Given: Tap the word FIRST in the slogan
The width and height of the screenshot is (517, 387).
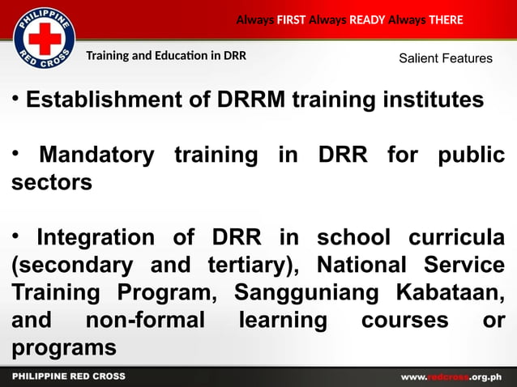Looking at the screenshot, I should [291, 19].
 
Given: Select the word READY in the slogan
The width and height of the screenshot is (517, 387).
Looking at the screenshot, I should [367, 19].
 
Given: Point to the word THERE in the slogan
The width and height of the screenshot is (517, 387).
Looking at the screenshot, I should [446, 19].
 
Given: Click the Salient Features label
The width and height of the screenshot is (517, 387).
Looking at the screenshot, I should [445, 58].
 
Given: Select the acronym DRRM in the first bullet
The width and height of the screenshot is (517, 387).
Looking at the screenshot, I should [250, 100].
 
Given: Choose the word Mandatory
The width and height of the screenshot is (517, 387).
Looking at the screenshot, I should [96, 155].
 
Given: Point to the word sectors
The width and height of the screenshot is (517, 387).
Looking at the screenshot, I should [52, 182].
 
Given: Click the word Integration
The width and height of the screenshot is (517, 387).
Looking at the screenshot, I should [96, 238].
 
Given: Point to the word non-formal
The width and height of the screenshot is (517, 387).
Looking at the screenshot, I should [145, 321].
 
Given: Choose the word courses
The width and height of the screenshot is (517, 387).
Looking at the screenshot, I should [404, 321].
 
